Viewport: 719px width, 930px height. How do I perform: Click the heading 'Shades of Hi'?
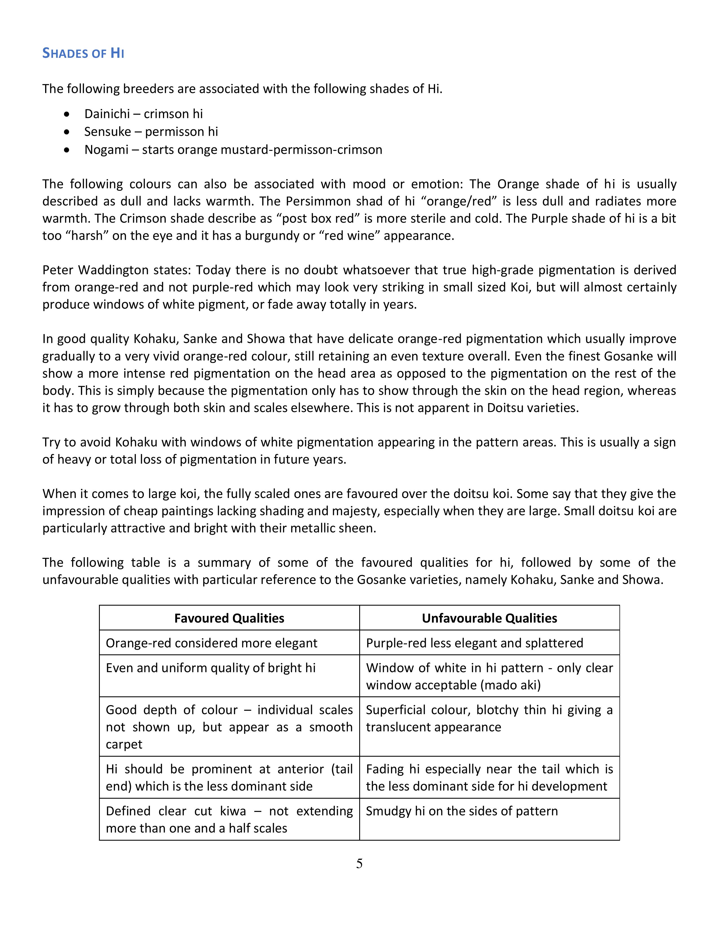(83, 53)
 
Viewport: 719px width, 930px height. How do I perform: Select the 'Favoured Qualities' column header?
(229, 618)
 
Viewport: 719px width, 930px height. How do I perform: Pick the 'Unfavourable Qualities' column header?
(489, 618)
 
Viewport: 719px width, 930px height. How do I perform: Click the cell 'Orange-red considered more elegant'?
(212, 643)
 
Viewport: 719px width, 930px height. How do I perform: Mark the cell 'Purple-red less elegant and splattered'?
(475, 643)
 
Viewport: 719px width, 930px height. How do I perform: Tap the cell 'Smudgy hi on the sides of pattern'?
(462, 811)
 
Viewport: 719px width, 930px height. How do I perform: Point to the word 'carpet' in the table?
(124, 744)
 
